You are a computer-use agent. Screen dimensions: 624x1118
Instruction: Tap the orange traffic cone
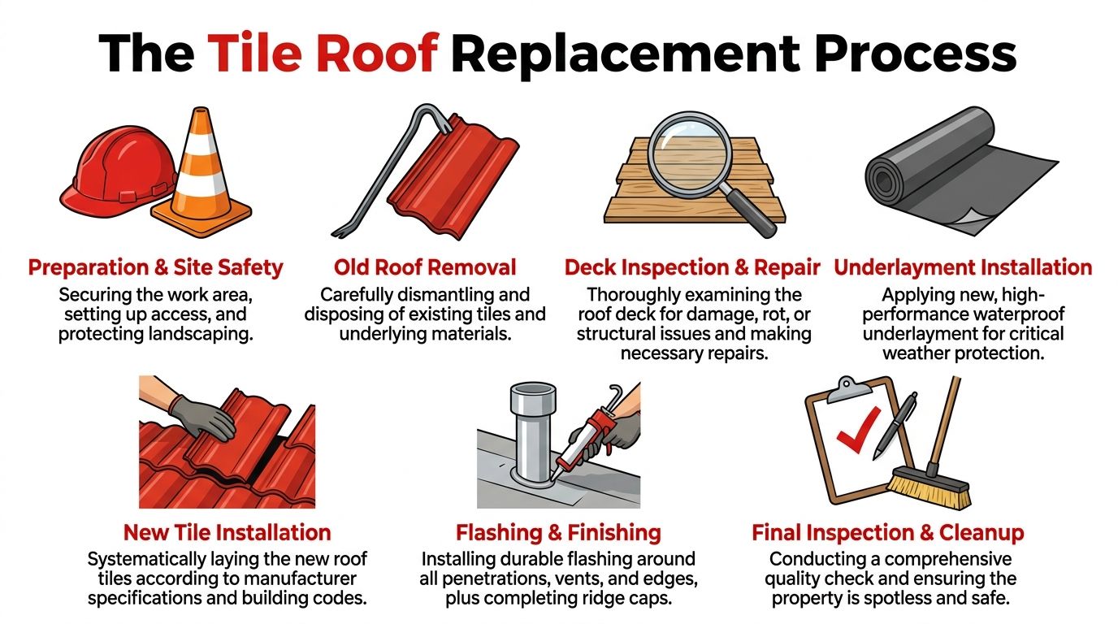tap(202, 179)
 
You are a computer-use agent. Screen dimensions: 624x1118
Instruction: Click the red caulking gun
tap(588, 439)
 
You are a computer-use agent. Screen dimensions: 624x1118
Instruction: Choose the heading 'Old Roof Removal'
tap(425, 267)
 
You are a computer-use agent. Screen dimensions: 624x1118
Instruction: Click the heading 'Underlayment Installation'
tap(963, 267)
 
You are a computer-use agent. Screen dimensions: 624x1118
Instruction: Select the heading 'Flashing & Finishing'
tap(558, 533)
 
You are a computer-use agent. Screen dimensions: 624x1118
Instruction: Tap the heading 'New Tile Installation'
tap(227, 533)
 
